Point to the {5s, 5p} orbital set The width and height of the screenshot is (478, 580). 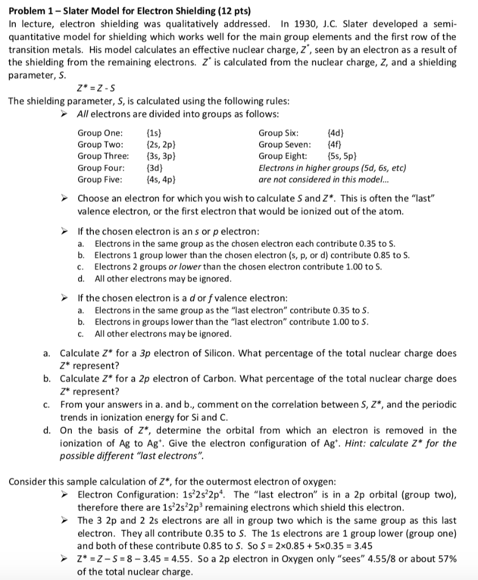[342, 156]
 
